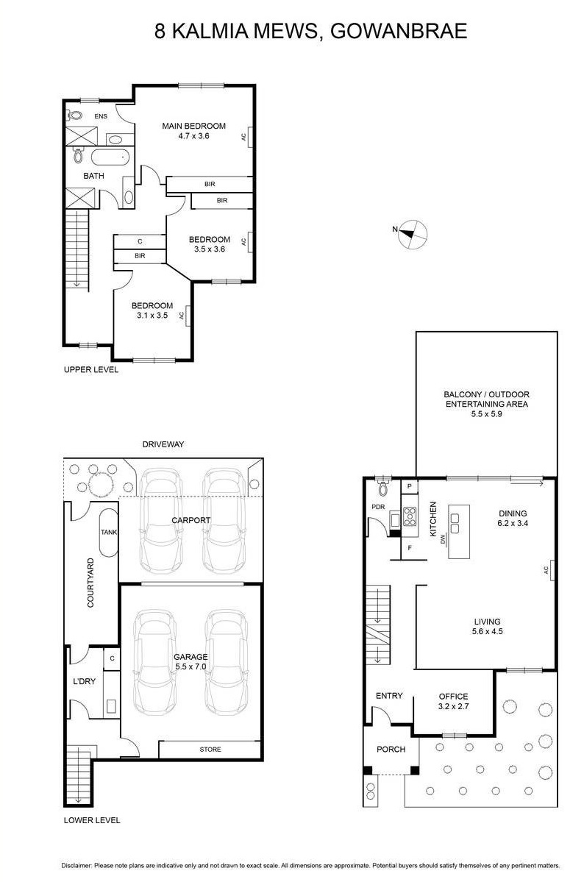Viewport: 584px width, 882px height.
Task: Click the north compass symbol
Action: pos(413,234)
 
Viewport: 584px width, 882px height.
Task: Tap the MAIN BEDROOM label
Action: pos(193,126)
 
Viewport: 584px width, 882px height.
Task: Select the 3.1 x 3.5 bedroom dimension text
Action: pos(152,316)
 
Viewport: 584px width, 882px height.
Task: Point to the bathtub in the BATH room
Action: pos(111,157)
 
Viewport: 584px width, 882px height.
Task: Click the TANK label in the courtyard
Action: pos(109,532)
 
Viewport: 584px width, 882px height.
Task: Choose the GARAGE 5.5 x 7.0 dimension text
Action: pos(190,666)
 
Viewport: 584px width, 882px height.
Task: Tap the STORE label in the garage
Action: pos(210,750)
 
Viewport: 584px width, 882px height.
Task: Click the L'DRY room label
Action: pos(85,681)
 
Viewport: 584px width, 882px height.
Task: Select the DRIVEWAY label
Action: pos(163,444)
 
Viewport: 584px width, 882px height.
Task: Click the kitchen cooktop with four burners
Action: pos(410,516)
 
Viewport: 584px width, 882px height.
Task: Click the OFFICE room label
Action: pos(454,697)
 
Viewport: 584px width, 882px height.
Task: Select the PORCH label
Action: pos(391,750)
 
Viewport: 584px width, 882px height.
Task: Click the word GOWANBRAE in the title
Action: pos(399,31)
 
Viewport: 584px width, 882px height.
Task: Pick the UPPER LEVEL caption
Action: pos(91,369)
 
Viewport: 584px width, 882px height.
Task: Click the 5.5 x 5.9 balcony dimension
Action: pos(487,414)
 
